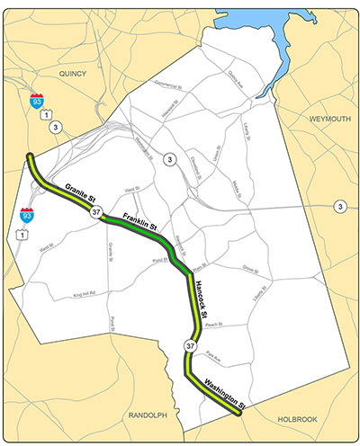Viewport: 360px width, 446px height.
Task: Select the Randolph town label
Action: [147, 415]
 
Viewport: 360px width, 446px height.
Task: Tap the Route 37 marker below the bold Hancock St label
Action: [189, 345]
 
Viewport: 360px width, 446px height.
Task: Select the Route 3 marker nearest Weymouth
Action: [340, 207]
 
